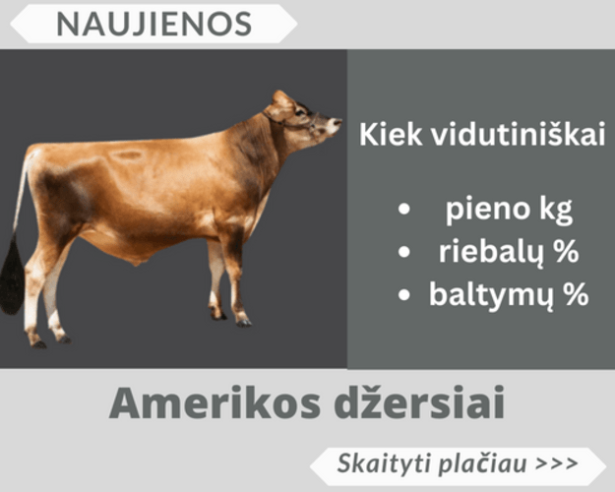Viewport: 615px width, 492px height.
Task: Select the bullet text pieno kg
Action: (507, 209)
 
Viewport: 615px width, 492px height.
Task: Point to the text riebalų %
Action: (507, 252)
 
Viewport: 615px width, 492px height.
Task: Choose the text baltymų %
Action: (507, 293)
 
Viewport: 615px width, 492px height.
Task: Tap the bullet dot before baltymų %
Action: (403, 294)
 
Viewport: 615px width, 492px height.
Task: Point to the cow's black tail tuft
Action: (13, 276)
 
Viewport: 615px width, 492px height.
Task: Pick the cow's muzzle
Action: (333, 129)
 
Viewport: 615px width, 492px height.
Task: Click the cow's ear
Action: (281, 99)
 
